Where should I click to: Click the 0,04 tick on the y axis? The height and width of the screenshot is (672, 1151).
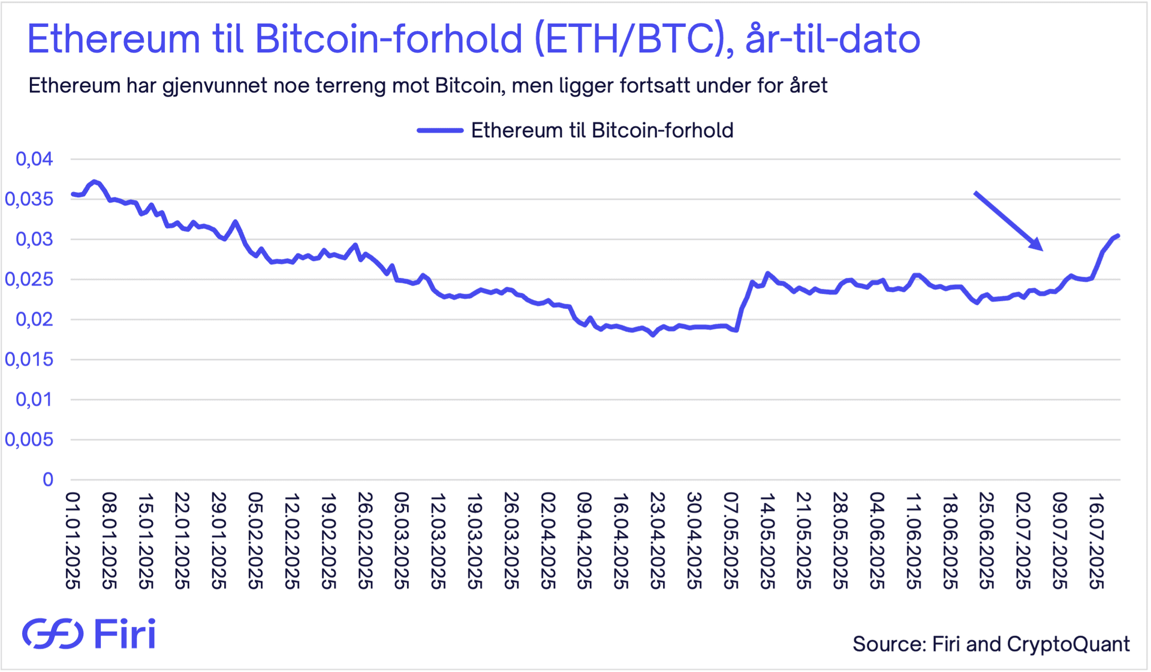pyautogui.click(x=35, y=159)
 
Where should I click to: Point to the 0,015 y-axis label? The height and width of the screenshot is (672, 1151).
pyautogui.click(x=29, y=359)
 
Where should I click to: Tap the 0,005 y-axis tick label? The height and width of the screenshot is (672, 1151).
pyautogui.click(x=29, y=440)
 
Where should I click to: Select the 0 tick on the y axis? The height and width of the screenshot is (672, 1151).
pyautogui.click(x=48, y=479)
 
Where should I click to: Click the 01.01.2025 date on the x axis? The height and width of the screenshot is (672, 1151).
pyautogui.click(x=73, y=541)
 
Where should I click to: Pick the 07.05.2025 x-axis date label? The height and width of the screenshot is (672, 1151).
pyautogui.click(x=731, y=541)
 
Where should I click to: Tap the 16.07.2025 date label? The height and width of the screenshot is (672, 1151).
pyautogui.click(x=1096, y=541)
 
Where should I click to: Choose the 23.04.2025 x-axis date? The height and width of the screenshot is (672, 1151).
pyautogui.click(x=658, y=541)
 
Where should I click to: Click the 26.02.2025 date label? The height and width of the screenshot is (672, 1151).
pyautogui.click(x=365, y=541)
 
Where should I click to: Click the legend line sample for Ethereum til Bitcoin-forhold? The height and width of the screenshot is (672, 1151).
pyautogui.click(x=440, y=130)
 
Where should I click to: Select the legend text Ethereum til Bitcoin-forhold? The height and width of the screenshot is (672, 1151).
pyautogui.click(x=602, y=130)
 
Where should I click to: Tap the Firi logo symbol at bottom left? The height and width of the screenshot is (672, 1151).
pyautogui.click(x=53, y=633)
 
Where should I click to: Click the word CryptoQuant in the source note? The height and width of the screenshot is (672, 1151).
pyautogui.click(x=1068, y=644)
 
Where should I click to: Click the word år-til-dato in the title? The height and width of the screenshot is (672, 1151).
pyautogui.click(x=832, y=40)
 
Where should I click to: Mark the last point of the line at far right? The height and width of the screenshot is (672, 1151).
pyautogui.click(x=1119, y=236)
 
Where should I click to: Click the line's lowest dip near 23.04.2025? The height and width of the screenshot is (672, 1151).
pyautogui.click(x=653, y=335)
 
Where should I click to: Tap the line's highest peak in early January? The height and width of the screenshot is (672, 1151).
pyautogui.click(x=95, y=181)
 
